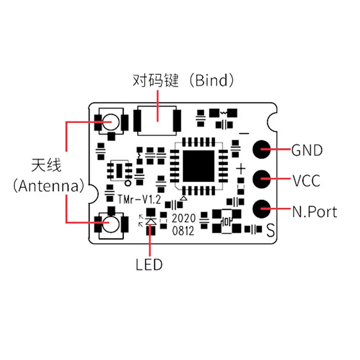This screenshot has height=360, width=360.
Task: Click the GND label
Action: coord(307,150)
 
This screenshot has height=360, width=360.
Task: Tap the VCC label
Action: coord(306,181)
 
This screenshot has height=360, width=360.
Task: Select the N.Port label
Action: coord(315,211)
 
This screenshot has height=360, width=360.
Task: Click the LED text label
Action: coord(149,266)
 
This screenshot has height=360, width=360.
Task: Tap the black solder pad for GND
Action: coord(262,149)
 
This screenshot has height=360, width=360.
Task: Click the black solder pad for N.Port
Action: coord(262,208)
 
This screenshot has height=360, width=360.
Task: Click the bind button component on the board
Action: coord(157,121)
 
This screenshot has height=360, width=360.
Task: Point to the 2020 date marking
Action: coord(183,219)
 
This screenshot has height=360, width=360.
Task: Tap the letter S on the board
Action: coord(270,231)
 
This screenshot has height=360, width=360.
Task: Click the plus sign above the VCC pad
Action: coord(241,169)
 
